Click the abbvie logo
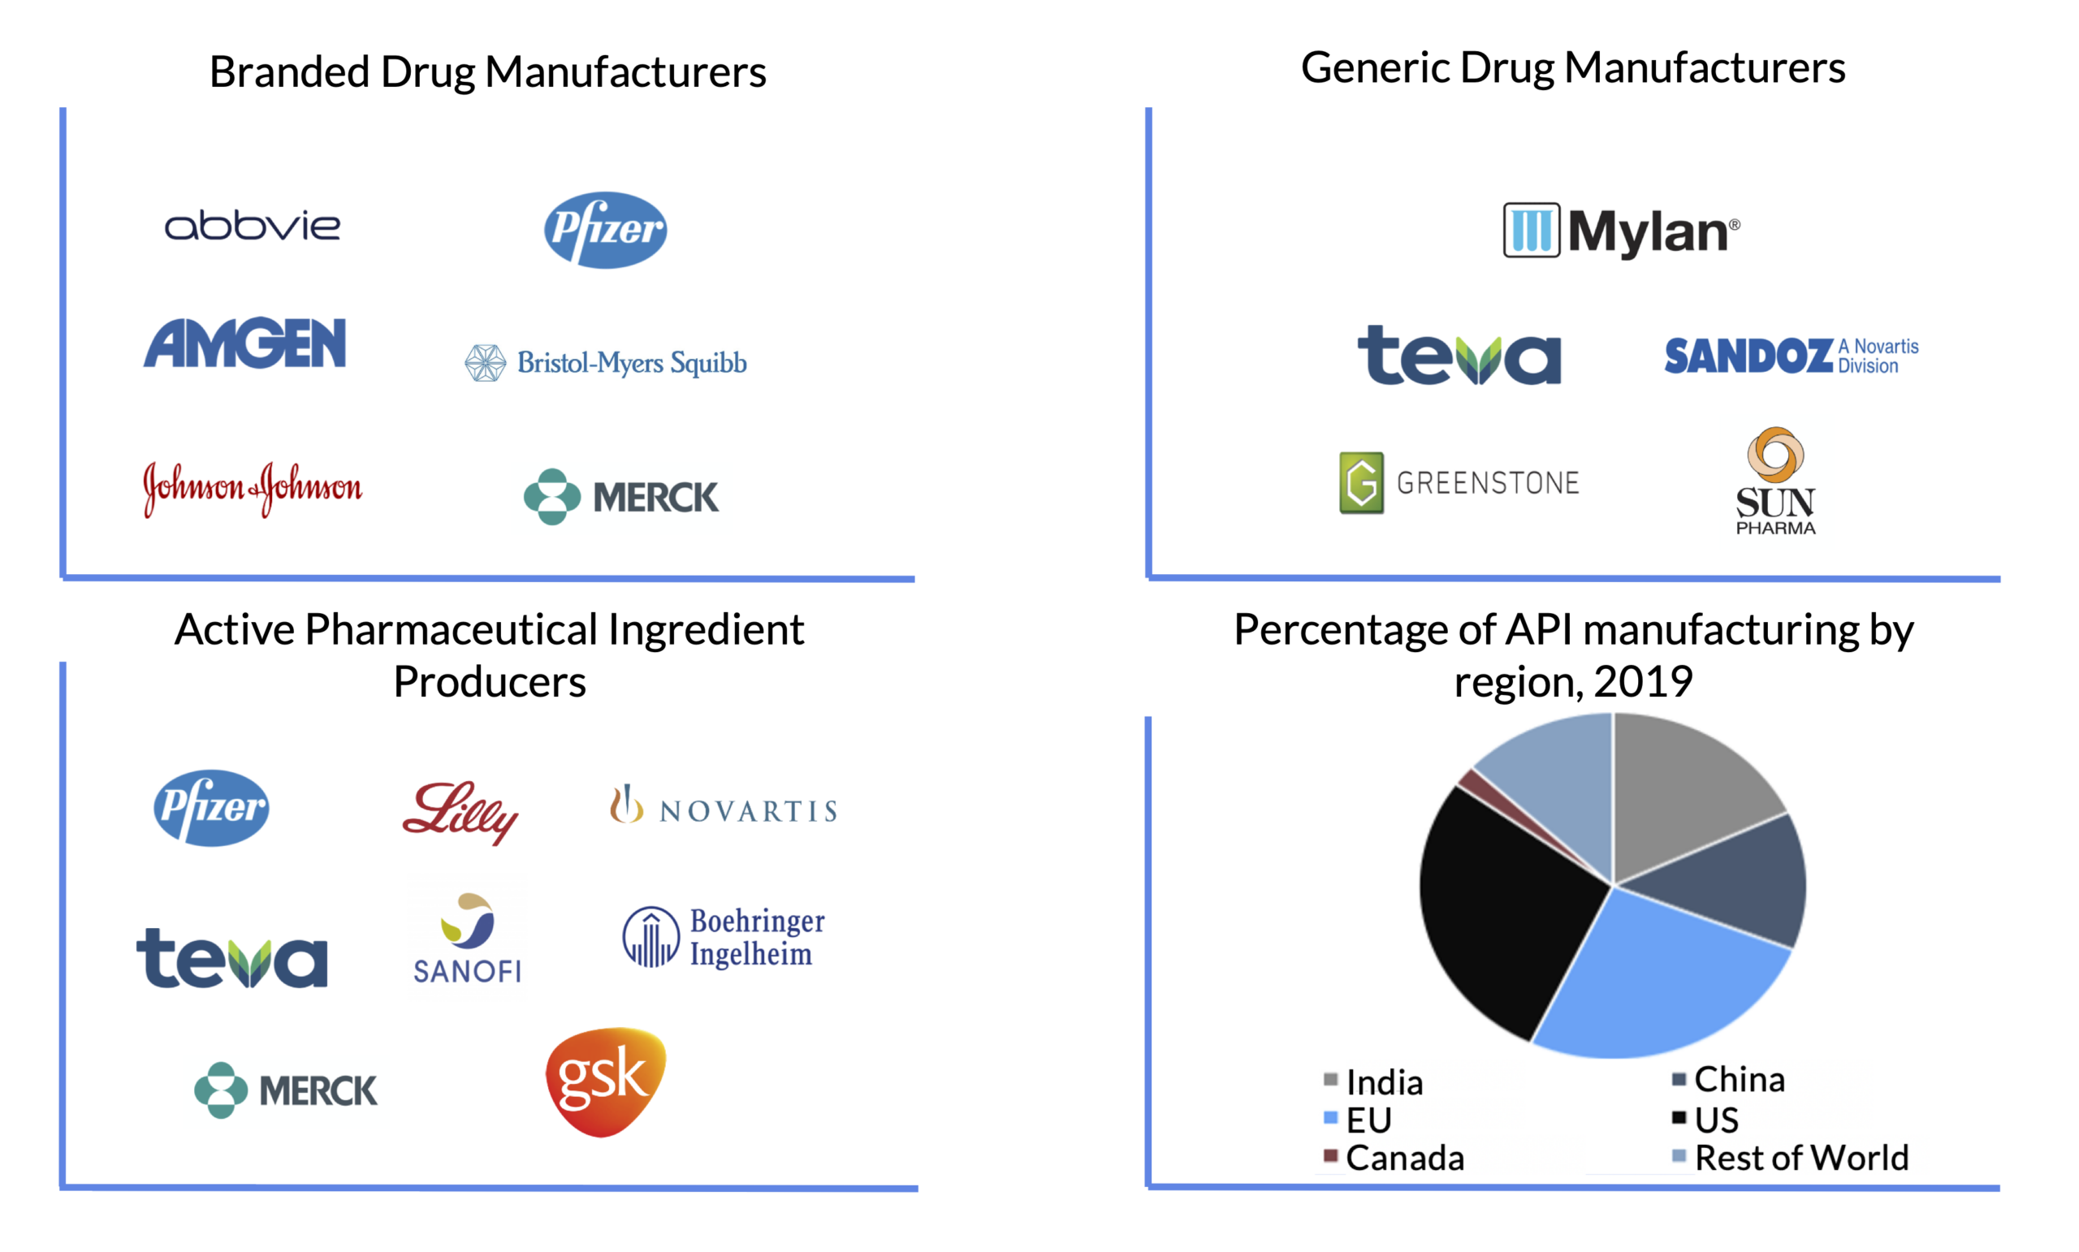[x=253, y=226]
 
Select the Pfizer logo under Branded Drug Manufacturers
[x=605, y=230]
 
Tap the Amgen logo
[x=244, y=343]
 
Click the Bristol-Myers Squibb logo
[x=606, y=363]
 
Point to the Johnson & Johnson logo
[x=253, y=488]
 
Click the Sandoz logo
[x=1791, y=355]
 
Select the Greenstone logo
[x=1459, y=482]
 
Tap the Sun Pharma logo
[x=1775, y=481]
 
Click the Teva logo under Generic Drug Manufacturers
[x=1459, y=355]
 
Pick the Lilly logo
[x=460, y=811]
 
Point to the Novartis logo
[x=723, y=807]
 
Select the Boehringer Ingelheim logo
[x=723, y=936]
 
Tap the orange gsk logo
[x=606, y=1081]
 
